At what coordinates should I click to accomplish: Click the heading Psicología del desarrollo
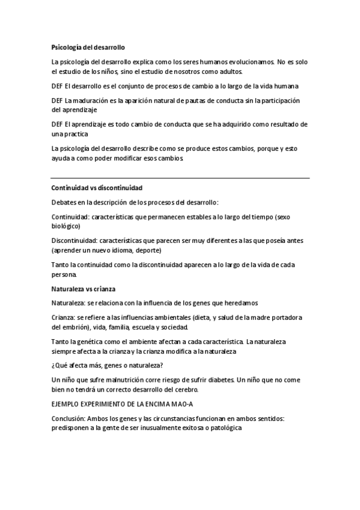(x=88, y=47)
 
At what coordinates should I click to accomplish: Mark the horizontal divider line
(x=180, y=178)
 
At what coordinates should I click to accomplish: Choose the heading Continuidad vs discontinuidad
(x=97, y=188)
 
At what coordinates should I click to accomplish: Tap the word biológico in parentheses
(x=66, y=226)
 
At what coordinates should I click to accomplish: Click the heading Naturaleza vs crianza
(x=84, y=289)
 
